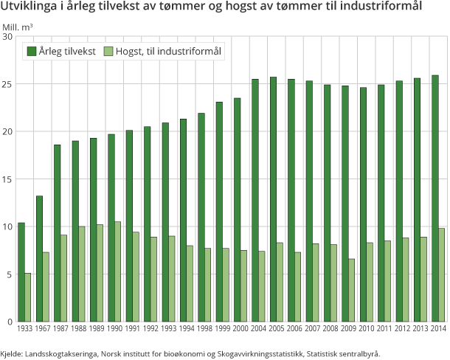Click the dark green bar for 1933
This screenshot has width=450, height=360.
[21, 271]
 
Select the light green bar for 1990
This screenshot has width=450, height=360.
[118, 271]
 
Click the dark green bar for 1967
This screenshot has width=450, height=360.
[39, 258]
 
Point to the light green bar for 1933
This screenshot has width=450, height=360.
[28, 297]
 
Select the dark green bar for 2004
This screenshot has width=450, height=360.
[255, 200]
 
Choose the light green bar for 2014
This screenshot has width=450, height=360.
[442, 274]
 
